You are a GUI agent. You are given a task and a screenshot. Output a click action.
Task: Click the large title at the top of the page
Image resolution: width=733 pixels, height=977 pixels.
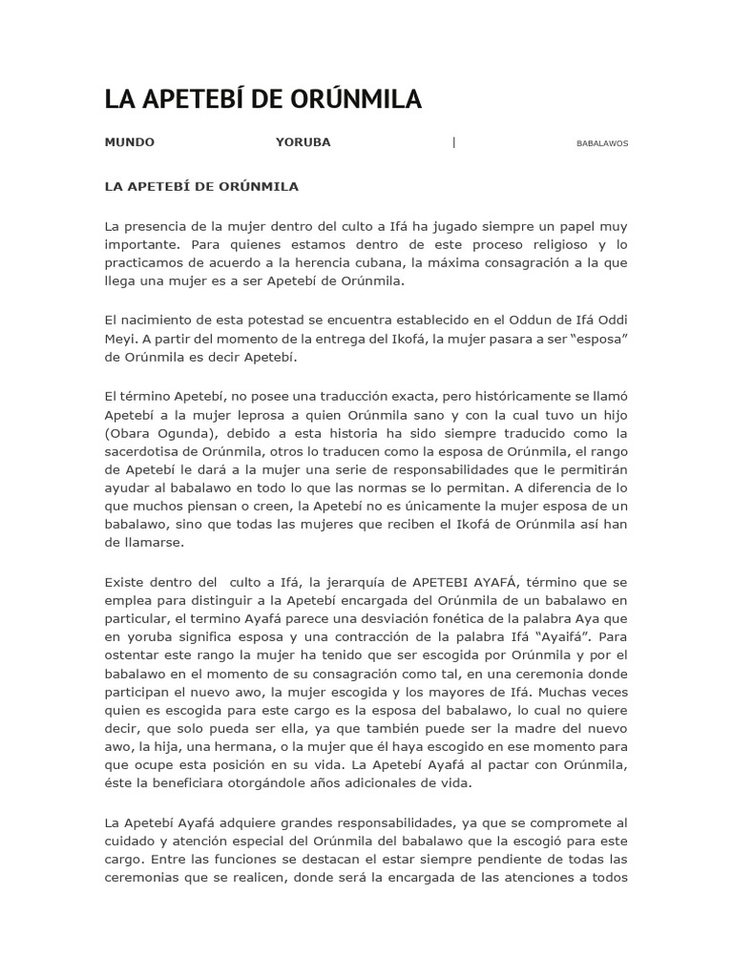(262, 99)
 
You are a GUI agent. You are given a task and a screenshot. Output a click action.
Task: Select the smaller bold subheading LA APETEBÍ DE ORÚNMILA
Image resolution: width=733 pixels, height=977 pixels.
(201, 186)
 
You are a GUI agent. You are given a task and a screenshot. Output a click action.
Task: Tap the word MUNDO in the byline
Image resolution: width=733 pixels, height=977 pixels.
(129, 142)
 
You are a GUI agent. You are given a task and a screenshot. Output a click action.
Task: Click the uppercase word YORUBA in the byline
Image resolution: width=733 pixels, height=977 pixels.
(303, 142)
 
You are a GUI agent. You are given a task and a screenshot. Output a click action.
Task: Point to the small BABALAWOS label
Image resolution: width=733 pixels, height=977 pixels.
(602, 143)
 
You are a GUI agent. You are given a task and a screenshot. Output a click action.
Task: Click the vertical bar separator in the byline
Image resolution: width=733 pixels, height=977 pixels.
(453, 142)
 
